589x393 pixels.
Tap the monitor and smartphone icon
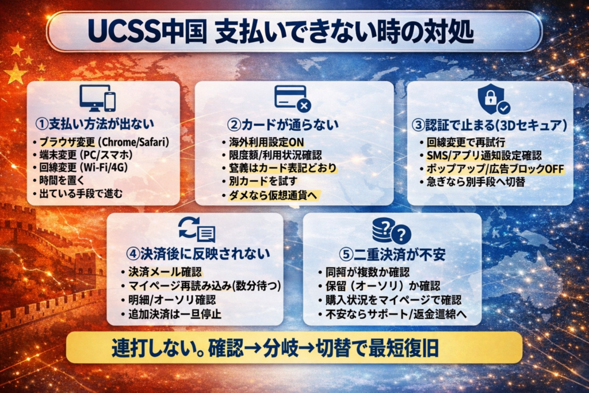click(x=97, y=98)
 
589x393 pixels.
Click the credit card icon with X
click(x=292, y=97)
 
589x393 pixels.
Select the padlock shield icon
click(x=493, y=98)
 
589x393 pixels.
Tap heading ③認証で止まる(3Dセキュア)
click(x=489, y=124)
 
